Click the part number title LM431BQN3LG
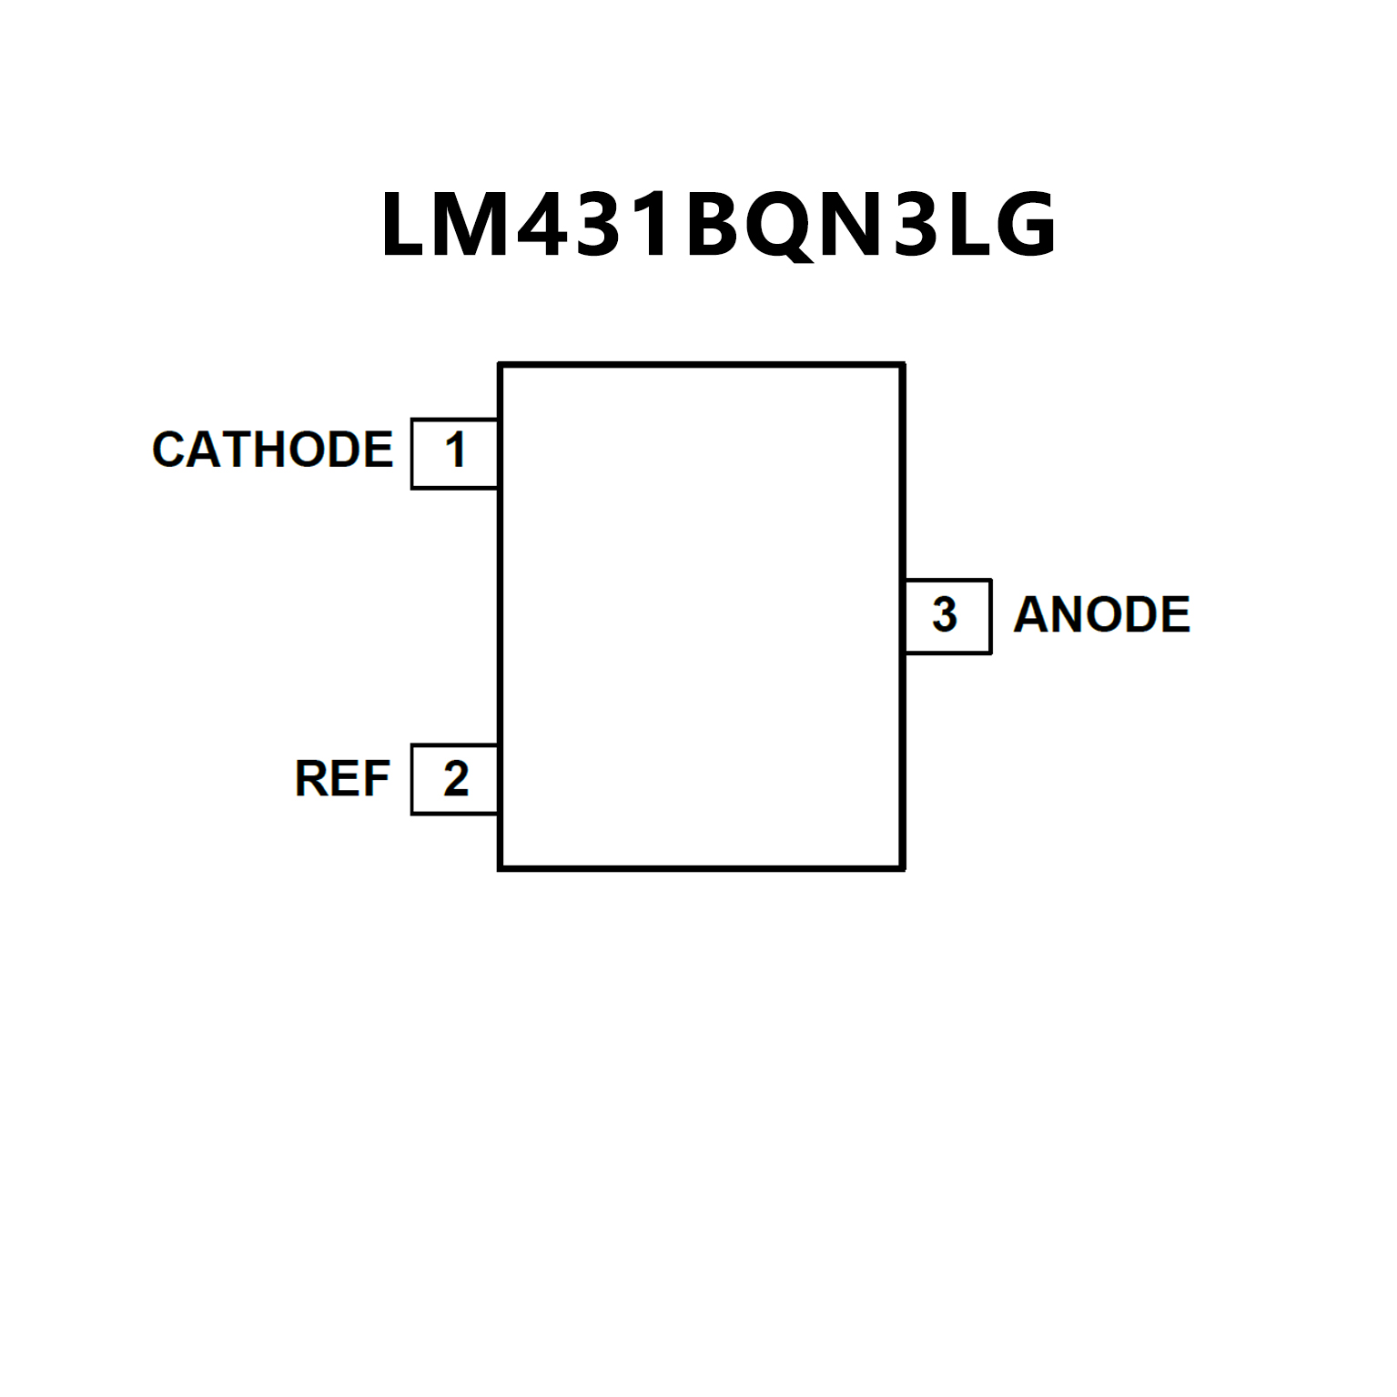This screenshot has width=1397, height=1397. pos(718,225)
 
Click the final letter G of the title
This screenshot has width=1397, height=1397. pos(1025,225)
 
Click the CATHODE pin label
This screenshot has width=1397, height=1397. pos(272,450)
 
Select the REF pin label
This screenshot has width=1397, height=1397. pos(342,779)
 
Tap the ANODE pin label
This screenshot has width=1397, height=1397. pos(1101,615)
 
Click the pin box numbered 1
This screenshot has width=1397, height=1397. pos(454,453)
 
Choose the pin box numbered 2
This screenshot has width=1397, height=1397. pos(454,779)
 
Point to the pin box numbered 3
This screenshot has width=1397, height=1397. pos(947,616)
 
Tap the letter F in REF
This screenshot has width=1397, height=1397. pos(376,779)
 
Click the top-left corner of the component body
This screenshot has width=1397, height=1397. pos(501,365)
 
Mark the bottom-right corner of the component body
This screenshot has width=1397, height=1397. pos(903,868)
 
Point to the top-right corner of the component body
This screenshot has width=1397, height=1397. pos(903,365)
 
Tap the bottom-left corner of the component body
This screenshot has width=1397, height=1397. pos(501,868)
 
